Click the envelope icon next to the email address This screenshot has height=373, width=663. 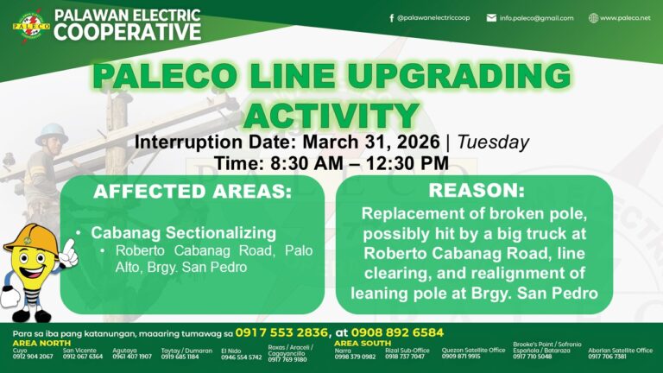point(491,17)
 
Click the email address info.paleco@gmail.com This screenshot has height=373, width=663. point(536,17)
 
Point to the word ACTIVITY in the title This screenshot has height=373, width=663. point(331,115)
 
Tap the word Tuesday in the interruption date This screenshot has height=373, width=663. point(493,142)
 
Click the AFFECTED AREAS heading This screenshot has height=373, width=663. point(193,192)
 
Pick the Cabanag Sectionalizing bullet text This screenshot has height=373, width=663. point(183,233)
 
